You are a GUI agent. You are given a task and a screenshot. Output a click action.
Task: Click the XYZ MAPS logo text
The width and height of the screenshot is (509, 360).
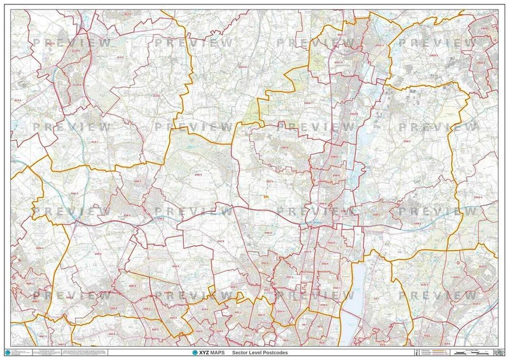pyautogui.click(x=207, y=352)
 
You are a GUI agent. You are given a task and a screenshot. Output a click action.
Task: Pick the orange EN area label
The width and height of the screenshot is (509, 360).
pyautogui.click(x=266, y=197)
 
